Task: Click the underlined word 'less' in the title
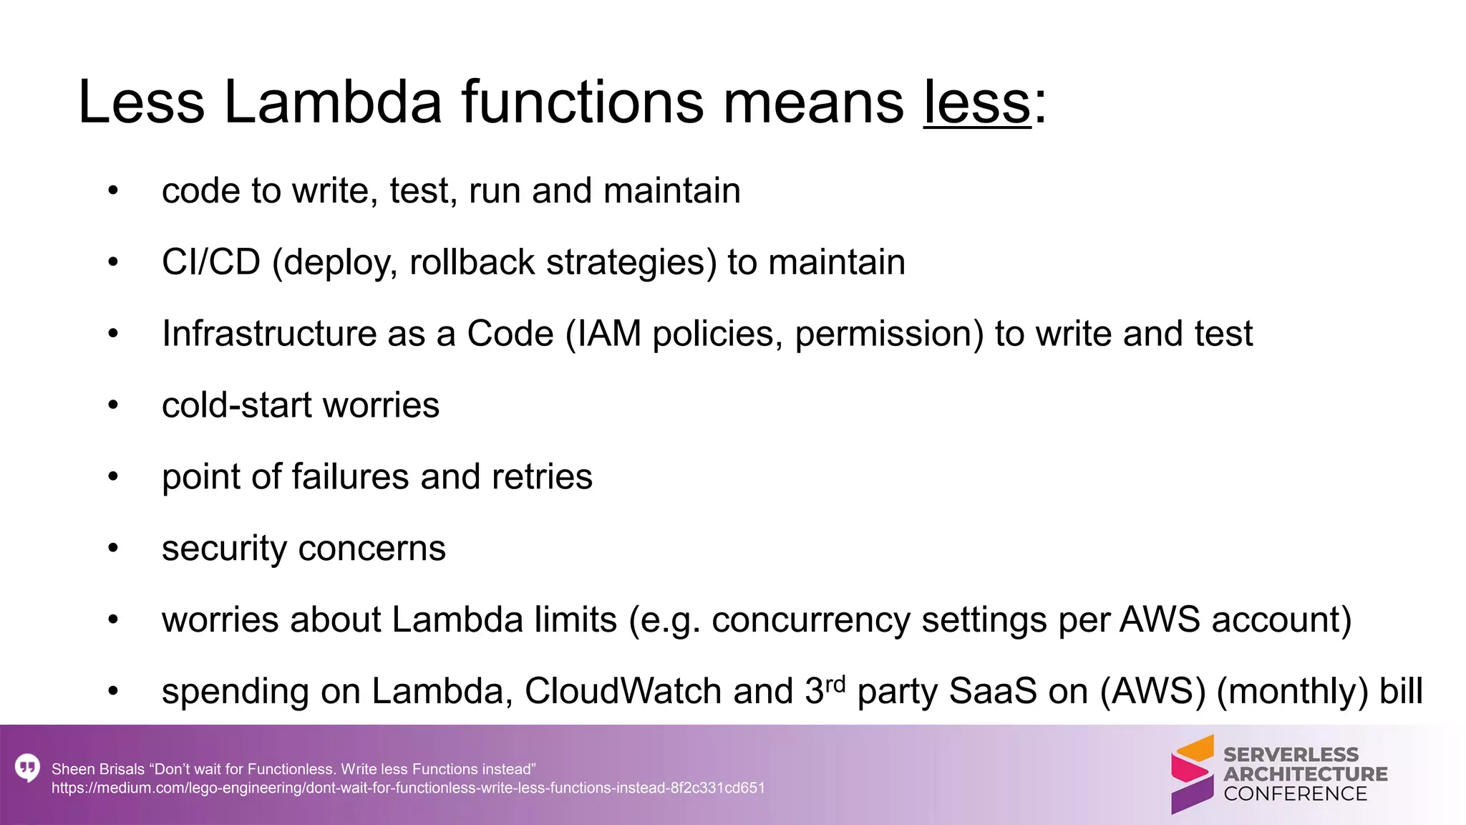tap(977, 102)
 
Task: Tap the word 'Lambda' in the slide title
tap(332, 102)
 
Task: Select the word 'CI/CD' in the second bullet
tap(211, 262)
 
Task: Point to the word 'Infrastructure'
tap(268, 334)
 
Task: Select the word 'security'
tap(224, 549)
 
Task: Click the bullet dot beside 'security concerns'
tap(113, 549)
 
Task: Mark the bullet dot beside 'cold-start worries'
tap(113, 405)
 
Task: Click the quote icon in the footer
tap(27, 768)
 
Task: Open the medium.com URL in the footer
tap(408, 788)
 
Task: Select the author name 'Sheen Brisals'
tap(98, 769)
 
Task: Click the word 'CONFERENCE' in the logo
tap(1295, 794)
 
